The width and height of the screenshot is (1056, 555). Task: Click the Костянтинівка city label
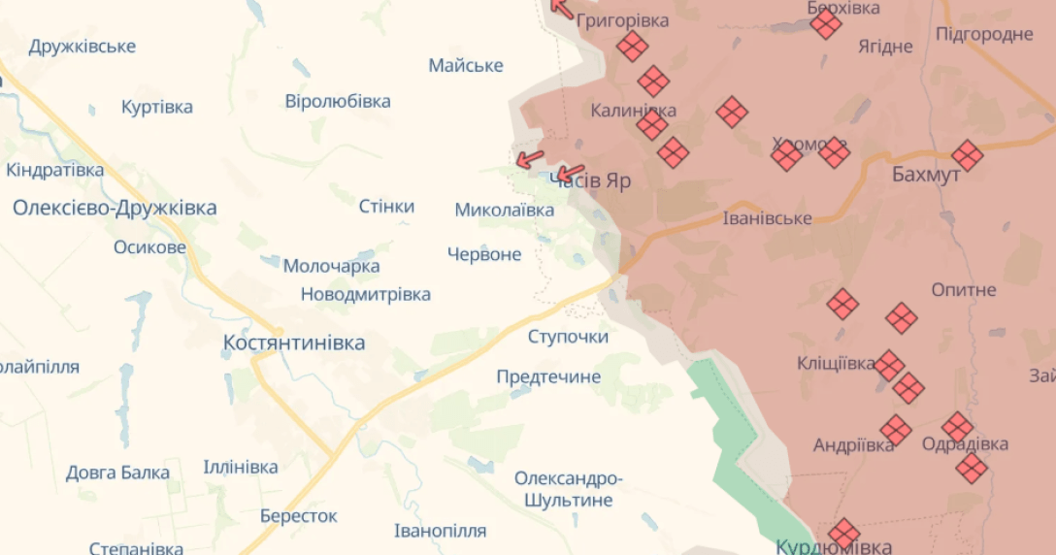pos(294,343)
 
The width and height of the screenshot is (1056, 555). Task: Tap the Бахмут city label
pos(926,175)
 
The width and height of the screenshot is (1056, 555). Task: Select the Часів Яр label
pos(592,180)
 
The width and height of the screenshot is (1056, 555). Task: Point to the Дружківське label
pos(82,47)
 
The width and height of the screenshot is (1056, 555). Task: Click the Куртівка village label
pos(157,107)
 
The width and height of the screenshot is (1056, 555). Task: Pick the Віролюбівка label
pos(338,101)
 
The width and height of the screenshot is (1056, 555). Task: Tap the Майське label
pos(466,65)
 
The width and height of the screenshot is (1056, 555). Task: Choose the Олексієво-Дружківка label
pos(115,208)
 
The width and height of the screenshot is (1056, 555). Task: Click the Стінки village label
pos(386,206)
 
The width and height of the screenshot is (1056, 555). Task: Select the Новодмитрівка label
pos(365,294)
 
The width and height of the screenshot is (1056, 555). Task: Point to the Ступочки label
pos(568,337)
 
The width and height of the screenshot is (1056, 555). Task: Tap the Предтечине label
pos(548,376)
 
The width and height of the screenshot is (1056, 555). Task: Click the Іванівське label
pos(767,217)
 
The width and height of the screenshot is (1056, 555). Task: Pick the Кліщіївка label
pos(836,363)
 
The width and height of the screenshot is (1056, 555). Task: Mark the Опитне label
pos(964,290)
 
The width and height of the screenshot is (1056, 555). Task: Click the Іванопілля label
pos(441,531)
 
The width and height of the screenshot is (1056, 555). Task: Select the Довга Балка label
pos(117,473)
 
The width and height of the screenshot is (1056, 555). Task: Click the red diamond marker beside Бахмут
pos(967,155)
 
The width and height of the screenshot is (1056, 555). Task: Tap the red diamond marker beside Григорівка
pos(632,46)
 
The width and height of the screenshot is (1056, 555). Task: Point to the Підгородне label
pos(984,35)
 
